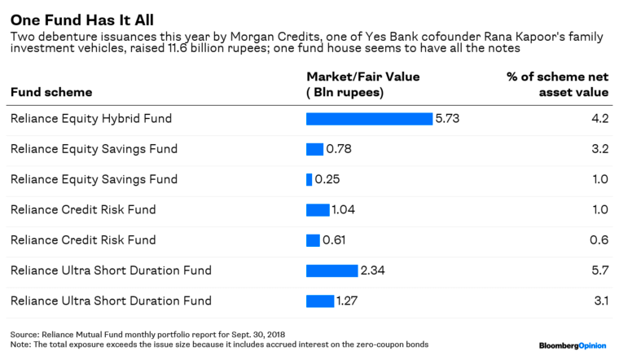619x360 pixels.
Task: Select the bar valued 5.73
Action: (369, 119)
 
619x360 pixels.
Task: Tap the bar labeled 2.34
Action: (331, 270)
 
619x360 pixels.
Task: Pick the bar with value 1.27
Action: (320, 301)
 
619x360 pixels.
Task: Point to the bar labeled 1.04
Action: (318, 210)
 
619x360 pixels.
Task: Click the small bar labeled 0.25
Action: (309, 179)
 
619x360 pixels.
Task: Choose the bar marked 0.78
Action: (314, 149)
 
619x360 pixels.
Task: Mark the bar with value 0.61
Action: (313, 240)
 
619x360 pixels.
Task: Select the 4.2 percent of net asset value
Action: (600, 119)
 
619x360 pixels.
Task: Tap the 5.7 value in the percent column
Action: (600, 270)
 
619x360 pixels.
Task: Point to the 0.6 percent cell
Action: (600, 240)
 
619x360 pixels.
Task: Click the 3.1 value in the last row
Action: (601, 301)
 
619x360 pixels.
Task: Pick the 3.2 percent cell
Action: (600, 149)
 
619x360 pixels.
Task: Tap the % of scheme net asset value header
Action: (558, 84)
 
